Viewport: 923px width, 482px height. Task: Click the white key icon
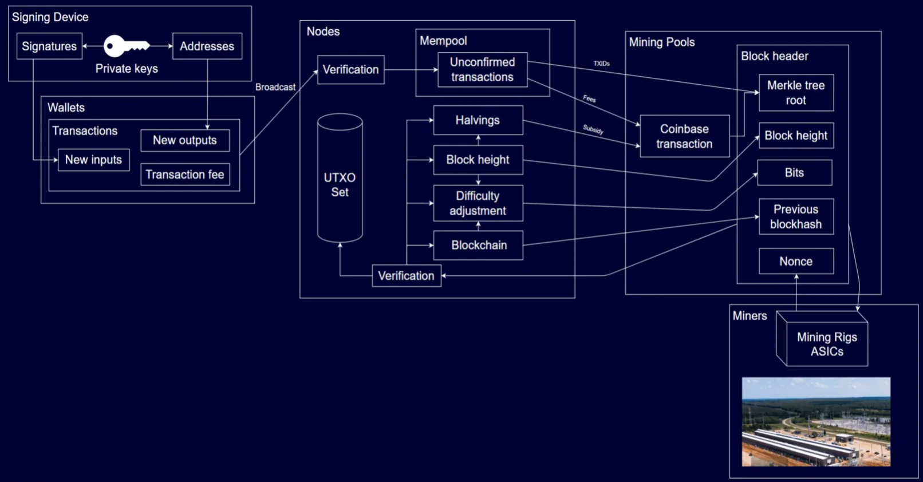coord(126,46)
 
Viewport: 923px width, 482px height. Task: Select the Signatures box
coord(49,46)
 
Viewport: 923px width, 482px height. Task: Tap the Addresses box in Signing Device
coord(207,46)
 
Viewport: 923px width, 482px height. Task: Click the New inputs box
coord(93,160)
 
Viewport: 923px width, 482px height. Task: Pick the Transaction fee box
coord(184,175)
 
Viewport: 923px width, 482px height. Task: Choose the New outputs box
coord(184,140)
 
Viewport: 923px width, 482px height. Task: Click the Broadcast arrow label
coord(275,87)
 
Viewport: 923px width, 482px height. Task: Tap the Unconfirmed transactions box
coord(482,70)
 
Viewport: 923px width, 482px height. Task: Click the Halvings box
coord(478,120)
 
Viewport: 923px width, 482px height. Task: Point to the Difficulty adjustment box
coord(478,203)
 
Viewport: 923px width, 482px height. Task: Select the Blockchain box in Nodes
coord(478,245)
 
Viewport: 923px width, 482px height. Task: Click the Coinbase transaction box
coord(684,136)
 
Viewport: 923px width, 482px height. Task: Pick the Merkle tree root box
coord(796,93)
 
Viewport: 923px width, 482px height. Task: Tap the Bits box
coord(794,173)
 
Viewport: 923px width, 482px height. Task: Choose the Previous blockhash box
coord(796,217)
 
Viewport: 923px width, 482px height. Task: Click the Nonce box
coord(796,262)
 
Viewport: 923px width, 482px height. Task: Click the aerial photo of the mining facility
coord(816,422)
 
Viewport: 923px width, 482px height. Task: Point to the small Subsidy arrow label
coord(593,129)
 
